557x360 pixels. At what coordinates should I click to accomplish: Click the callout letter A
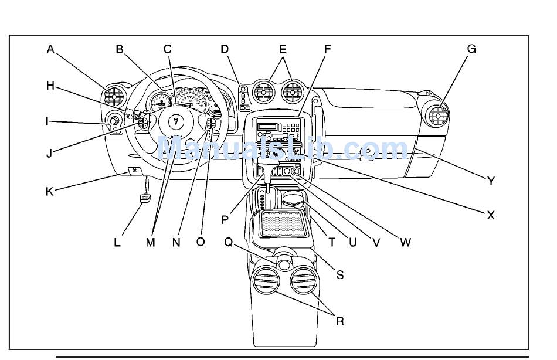[50, 49]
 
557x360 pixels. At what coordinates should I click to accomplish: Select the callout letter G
[471, 49]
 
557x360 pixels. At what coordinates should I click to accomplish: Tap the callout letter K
[49, 192]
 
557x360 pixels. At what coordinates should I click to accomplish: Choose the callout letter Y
[491, 181]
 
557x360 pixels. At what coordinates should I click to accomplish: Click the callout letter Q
[228, 242]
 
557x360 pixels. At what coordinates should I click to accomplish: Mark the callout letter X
[491, 215]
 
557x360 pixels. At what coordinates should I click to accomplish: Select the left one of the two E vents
[264, 93]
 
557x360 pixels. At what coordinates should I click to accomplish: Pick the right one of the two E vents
[293, 93]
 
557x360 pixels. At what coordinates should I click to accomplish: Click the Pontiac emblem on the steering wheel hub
[175, 121]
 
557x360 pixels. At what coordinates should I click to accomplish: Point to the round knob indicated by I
[113, 121]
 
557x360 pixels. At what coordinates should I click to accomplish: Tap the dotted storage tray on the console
[283, 223]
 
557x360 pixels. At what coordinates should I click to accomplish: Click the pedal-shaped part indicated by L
[145, 198]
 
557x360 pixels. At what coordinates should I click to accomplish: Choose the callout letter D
[225, 49]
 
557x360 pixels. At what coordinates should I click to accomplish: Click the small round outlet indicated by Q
[284, 265]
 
